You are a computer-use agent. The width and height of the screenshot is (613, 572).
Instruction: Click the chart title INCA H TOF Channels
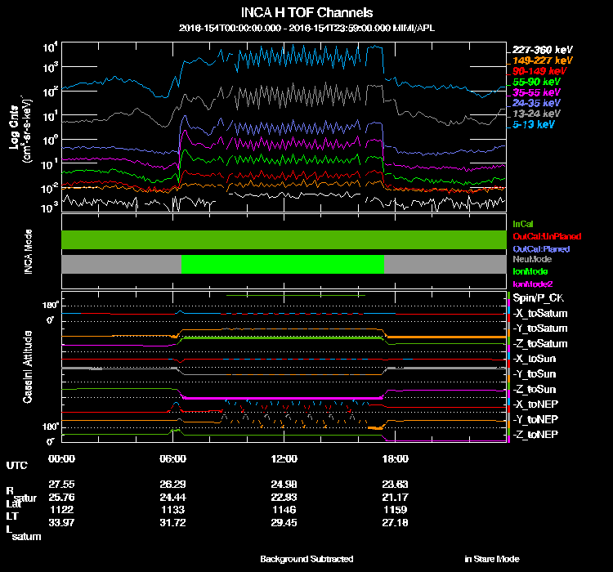tap(306, 13)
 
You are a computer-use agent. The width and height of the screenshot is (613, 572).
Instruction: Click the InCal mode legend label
tap(522, 223)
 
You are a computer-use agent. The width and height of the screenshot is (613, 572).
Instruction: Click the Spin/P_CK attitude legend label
tap(537, 298)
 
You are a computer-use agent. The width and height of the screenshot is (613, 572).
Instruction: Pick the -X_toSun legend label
tap(536, 359)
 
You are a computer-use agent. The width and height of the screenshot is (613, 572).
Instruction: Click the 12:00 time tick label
tap(284, 458)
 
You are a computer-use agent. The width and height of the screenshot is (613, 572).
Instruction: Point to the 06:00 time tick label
tap(173, 458)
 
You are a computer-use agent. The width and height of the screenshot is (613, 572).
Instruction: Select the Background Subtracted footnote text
tap(306, 559)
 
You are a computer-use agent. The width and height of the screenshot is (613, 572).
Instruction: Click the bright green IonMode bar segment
tap(282, 264)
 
